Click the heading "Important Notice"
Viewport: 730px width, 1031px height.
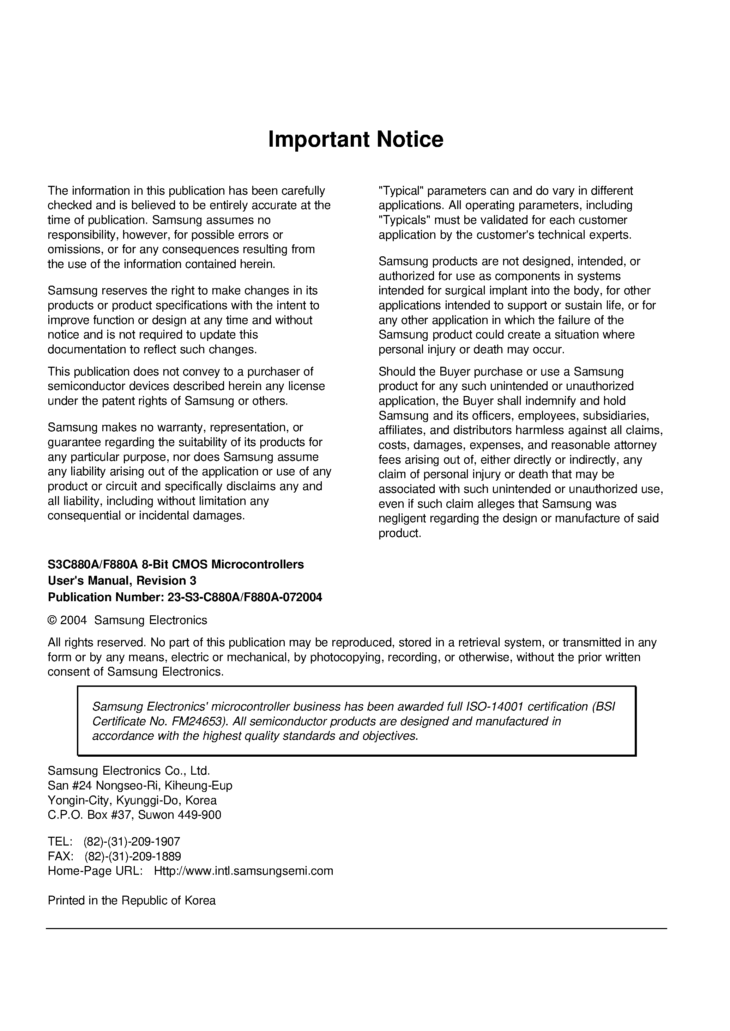tap(356, 139)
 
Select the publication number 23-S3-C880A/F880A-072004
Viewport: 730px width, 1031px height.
tap(245, 598)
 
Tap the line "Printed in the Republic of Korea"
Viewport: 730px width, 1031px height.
tap(132, 901)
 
